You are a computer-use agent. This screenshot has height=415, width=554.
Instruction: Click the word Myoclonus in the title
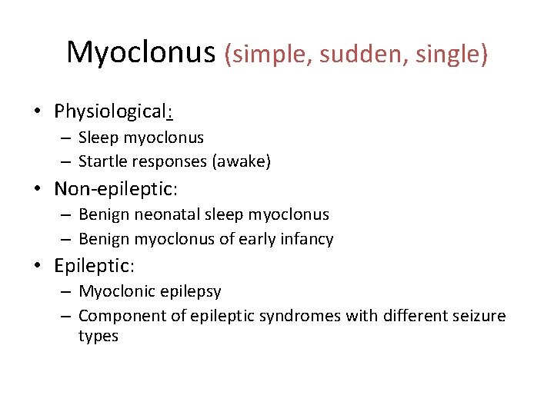coord(142,52)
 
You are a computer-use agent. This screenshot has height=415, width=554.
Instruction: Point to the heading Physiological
coord(112,111)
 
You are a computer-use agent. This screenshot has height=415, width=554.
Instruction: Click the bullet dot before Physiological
coord(37,111)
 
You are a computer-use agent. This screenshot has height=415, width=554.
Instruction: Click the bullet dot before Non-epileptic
coord(37,188)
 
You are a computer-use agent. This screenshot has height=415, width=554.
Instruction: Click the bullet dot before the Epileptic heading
coord(37,266)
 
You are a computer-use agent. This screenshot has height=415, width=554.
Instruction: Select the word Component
coord(118,316)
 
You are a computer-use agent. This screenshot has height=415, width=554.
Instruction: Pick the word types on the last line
coord(98,336)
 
